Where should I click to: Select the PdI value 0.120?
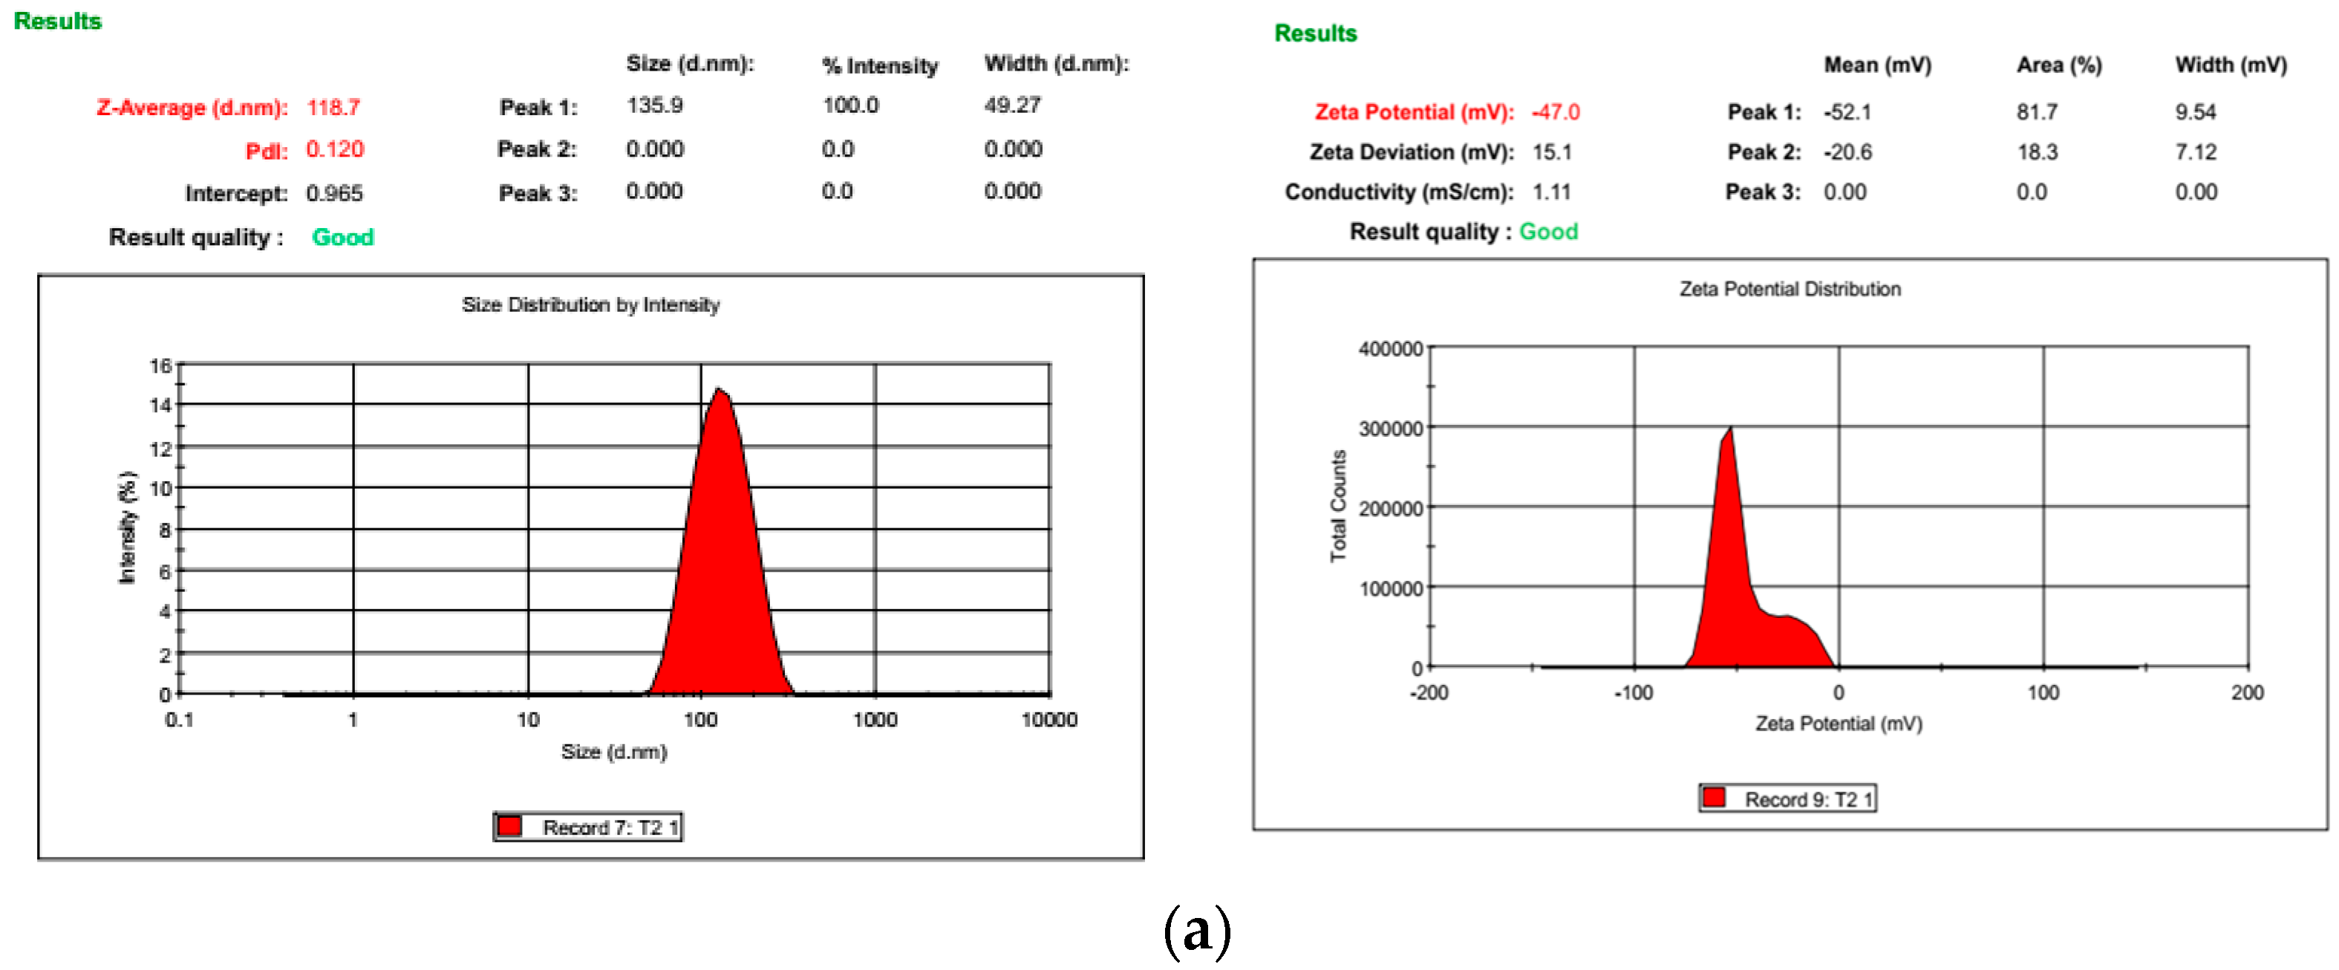(x=334, y=149)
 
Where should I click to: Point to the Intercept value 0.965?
(x=334, y=192)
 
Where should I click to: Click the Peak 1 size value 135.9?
(x=653, y=105)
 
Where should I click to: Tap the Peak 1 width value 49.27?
(x=1012, y=105)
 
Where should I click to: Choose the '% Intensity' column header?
(x=879, y=65)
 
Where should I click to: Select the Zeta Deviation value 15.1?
(x=1552, y=152)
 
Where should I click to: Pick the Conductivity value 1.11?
(x=1551, y=192)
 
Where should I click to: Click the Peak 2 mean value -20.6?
(x=1847, y=152)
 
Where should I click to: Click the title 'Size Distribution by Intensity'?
(x=590, y=305)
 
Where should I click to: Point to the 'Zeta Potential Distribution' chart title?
(x=1789, y=289)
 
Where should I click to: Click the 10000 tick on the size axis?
(x=1048, y=719)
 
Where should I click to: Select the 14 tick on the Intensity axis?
(x=160, y=405)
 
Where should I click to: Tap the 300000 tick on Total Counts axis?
(x=1390, y=429)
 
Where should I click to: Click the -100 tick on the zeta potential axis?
(x=1633, y=693)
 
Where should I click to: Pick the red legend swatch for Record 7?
(x=510, y=826)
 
